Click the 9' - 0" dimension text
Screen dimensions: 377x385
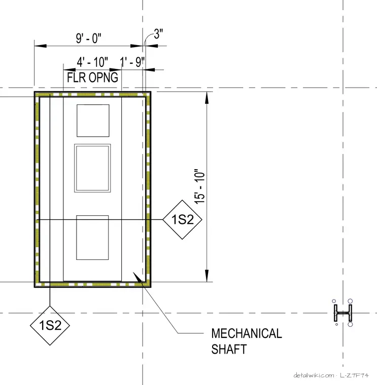[88, 38]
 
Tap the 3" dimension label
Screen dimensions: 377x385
[158, 33]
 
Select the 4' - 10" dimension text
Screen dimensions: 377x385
[92, 62]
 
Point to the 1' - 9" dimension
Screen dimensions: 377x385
[132, 62]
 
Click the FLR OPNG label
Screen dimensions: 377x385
[92, 78]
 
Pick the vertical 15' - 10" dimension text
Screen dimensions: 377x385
[200, 186]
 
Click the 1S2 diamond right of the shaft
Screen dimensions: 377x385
[182, 219]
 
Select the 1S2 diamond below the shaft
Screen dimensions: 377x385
[50, 325]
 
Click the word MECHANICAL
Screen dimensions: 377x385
[247, 333]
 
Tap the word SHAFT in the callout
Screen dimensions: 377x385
[229, 349]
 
